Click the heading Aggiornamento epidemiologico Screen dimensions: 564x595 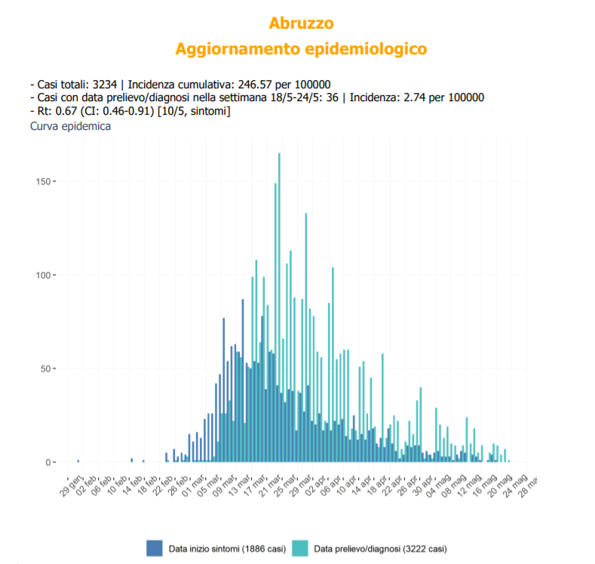point(301,49)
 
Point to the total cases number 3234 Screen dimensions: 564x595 point(103,84)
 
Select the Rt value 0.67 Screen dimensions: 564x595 point(58,112)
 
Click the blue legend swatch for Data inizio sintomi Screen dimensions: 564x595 point(155,547)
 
